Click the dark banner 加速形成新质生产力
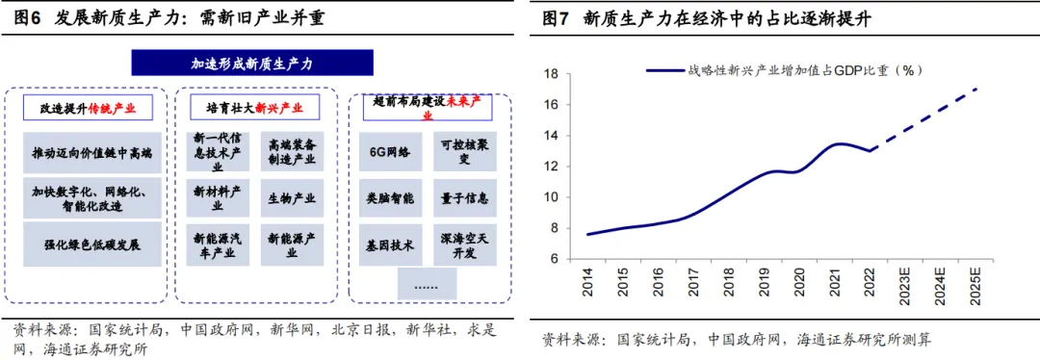click(x=253, y=64)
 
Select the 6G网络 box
click(x=390, y=152)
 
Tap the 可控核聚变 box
click(x=464, y=151)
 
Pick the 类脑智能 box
click(x=390, y=197)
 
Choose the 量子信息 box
click(x=464, y=197)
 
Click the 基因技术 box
click(x=390, y=244)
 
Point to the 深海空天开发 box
click(x=464, y=244)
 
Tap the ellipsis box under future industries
click(x=428, y=284)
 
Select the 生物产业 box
click(x=291, y=198)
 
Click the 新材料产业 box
click(x=217, y=198)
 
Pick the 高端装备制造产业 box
click(x=291, y=152)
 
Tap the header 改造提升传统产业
click(x=90, y=108)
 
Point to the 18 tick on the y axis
click(x=553, y=74)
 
